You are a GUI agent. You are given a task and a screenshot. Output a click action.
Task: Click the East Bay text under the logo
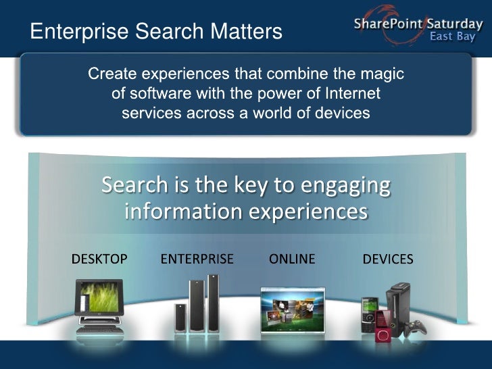[x=452, y=36]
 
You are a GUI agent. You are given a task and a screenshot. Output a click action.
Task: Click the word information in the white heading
[x=182, y=212]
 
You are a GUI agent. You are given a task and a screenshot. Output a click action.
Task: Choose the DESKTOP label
[x=99, y=259]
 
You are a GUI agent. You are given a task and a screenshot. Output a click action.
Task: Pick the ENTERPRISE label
[x=197, y=259]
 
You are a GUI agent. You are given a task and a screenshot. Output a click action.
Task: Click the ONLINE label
[x=292, y=259]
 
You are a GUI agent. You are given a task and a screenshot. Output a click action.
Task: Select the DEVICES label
[x=388, y=259]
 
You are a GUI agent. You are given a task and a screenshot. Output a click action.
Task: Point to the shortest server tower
[x=180, y=317]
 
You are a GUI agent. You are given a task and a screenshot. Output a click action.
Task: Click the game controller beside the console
[x=416, y=328]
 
